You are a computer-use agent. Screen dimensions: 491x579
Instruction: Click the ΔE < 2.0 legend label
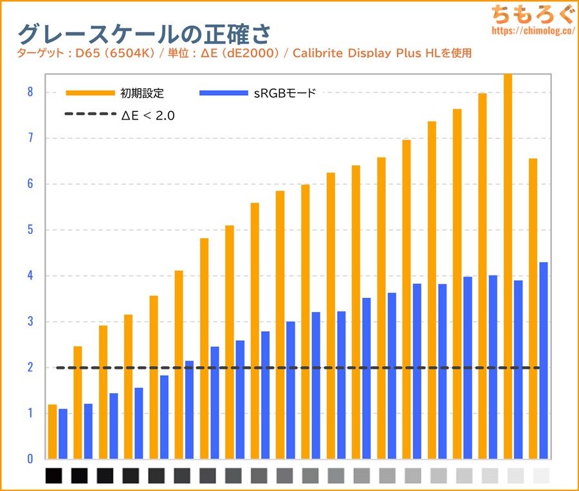(148, 116)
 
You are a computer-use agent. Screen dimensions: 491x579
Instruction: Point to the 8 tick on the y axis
(30, 92)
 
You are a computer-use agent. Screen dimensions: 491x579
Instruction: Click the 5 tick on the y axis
(30, 230)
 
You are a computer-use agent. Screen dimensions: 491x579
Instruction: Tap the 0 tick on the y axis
(30, 459)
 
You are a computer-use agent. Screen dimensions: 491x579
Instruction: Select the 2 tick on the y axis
(30, 367)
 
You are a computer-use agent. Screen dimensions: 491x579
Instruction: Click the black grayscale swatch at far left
(54, 476)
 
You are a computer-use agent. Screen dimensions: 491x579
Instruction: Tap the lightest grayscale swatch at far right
(542, 476)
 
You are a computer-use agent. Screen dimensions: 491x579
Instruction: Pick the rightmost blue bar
(544, 360)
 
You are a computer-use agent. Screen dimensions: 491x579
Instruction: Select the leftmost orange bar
(52, 431)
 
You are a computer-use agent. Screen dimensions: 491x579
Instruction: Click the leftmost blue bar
(63, 434)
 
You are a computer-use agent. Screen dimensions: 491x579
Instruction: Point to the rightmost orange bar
(533, 309)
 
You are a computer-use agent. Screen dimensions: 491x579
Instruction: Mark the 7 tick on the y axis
(30, 138)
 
